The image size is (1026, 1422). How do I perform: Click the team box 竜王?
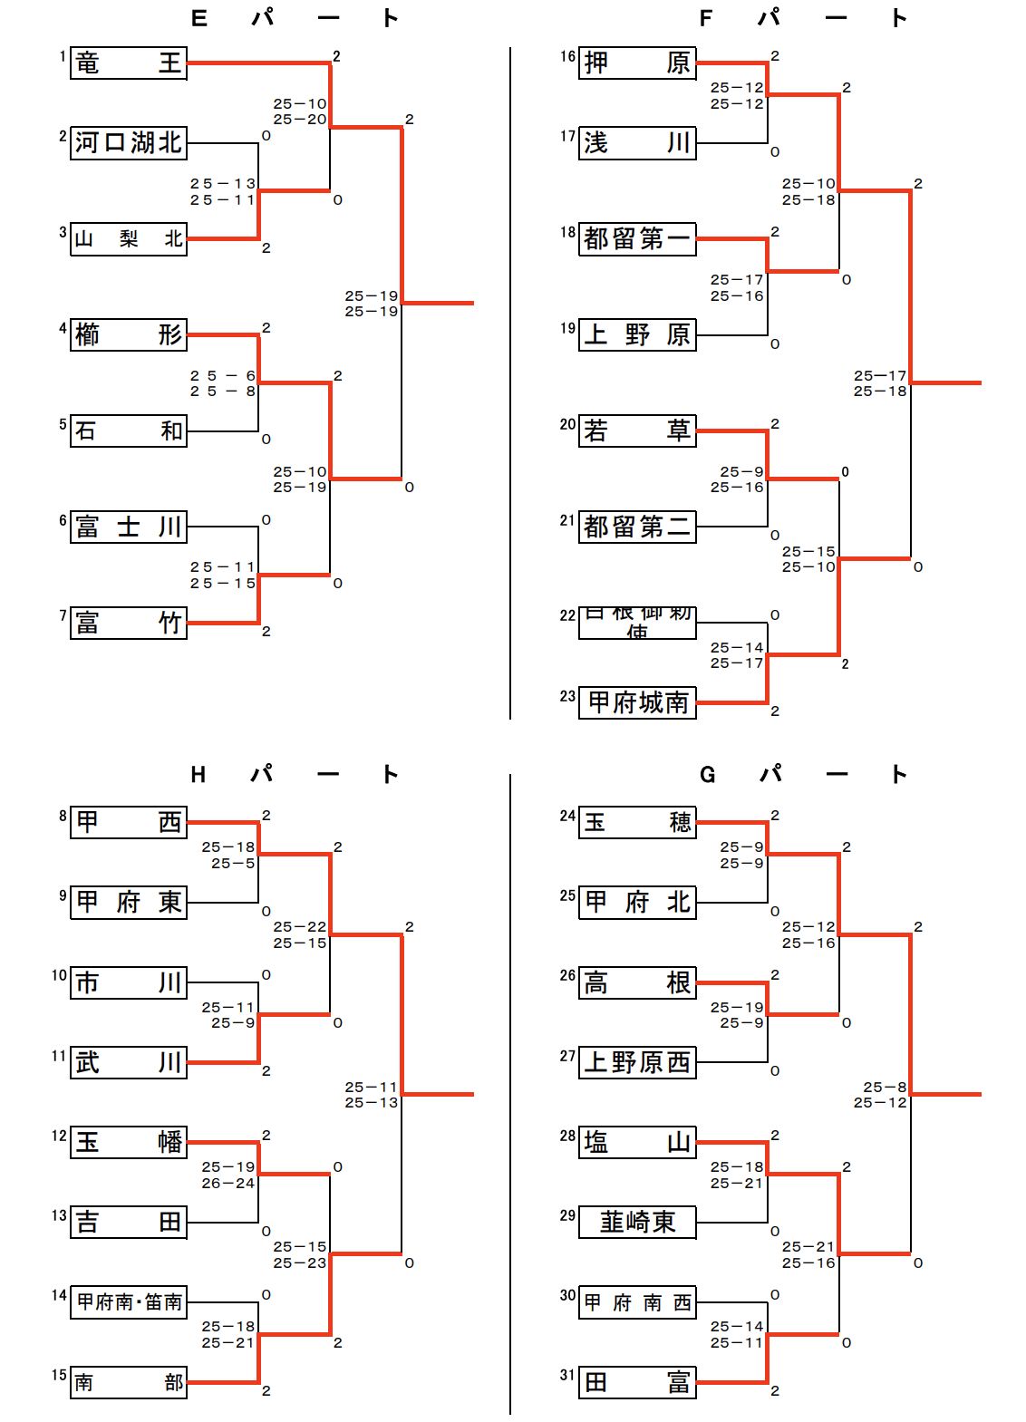pos(129,63)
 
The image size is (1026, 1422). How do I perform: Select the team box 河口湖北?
pos(129,143)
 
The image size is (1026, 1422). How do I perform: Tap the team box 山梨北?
pos(129,239)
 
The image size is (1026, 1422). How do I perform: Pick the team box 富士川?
pos(129,527)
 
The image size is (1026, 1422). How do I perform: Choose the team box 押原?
pos(637,63)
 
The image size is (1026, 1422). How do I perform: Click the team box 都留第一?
pos(637,239)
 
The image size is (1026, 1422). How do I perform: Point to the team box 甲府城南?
pos(637,702)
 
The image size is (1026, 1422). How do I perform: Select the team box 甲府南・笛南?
pos(129,1302)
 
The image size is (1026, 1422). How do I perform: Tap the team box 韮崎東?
pos(637,1222)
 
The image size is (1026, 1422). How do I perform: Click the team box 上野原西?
pos(637,1062)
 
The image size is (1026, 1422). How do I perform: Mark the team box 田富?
pos(637,1382)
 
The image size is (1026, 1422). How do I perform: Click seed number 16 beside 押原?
pos(567,56)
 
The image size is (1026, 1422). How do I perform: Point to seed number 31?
pos(567,1375)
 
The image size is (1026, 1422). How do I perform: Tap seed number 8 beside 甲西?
pos(63,816)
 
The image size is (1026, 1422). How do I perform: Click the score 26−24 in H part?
pos(228,1183)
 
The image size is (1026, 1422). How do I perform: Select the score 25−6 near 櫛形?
pos(223,375)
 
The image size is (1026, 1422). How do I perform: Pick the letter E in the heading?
pos(199,18)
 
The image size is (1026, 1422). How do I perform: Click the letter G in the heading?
pos(708,775)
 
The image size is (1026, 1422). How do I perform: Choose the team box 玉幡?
pos(129,1142)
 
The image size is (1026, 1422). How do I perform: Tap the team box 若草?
pos(637,430)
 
